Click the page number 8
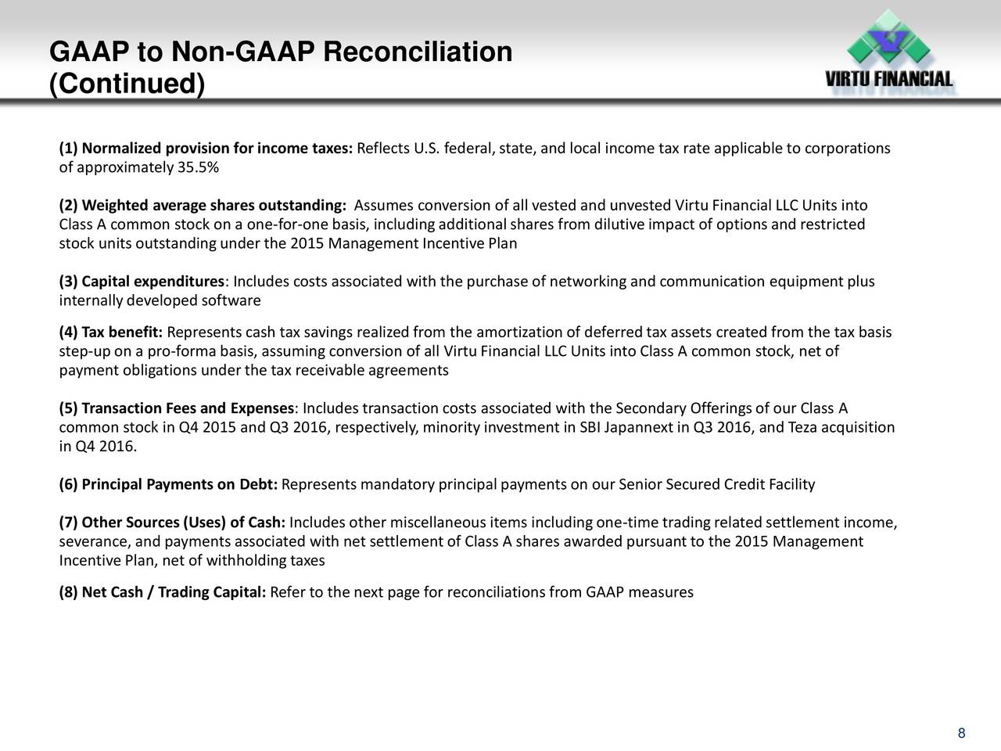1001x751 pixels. [961, 733]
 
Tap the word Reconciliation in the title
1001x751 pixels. [418, 52]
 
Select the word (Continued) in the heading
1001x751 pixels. [127, 84]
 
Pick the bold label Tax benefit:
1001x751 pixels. [122, 332]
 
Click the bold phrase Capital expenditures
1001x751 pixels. [152, 282]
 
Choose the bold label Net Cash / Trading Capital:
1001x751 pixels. [174, 592]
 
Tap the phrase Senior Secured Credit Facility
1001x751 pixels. [716, 484]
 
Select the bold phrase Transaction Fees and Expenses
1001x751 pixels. [188, 408]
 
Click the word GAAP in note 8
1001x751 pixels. [605, 592]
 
